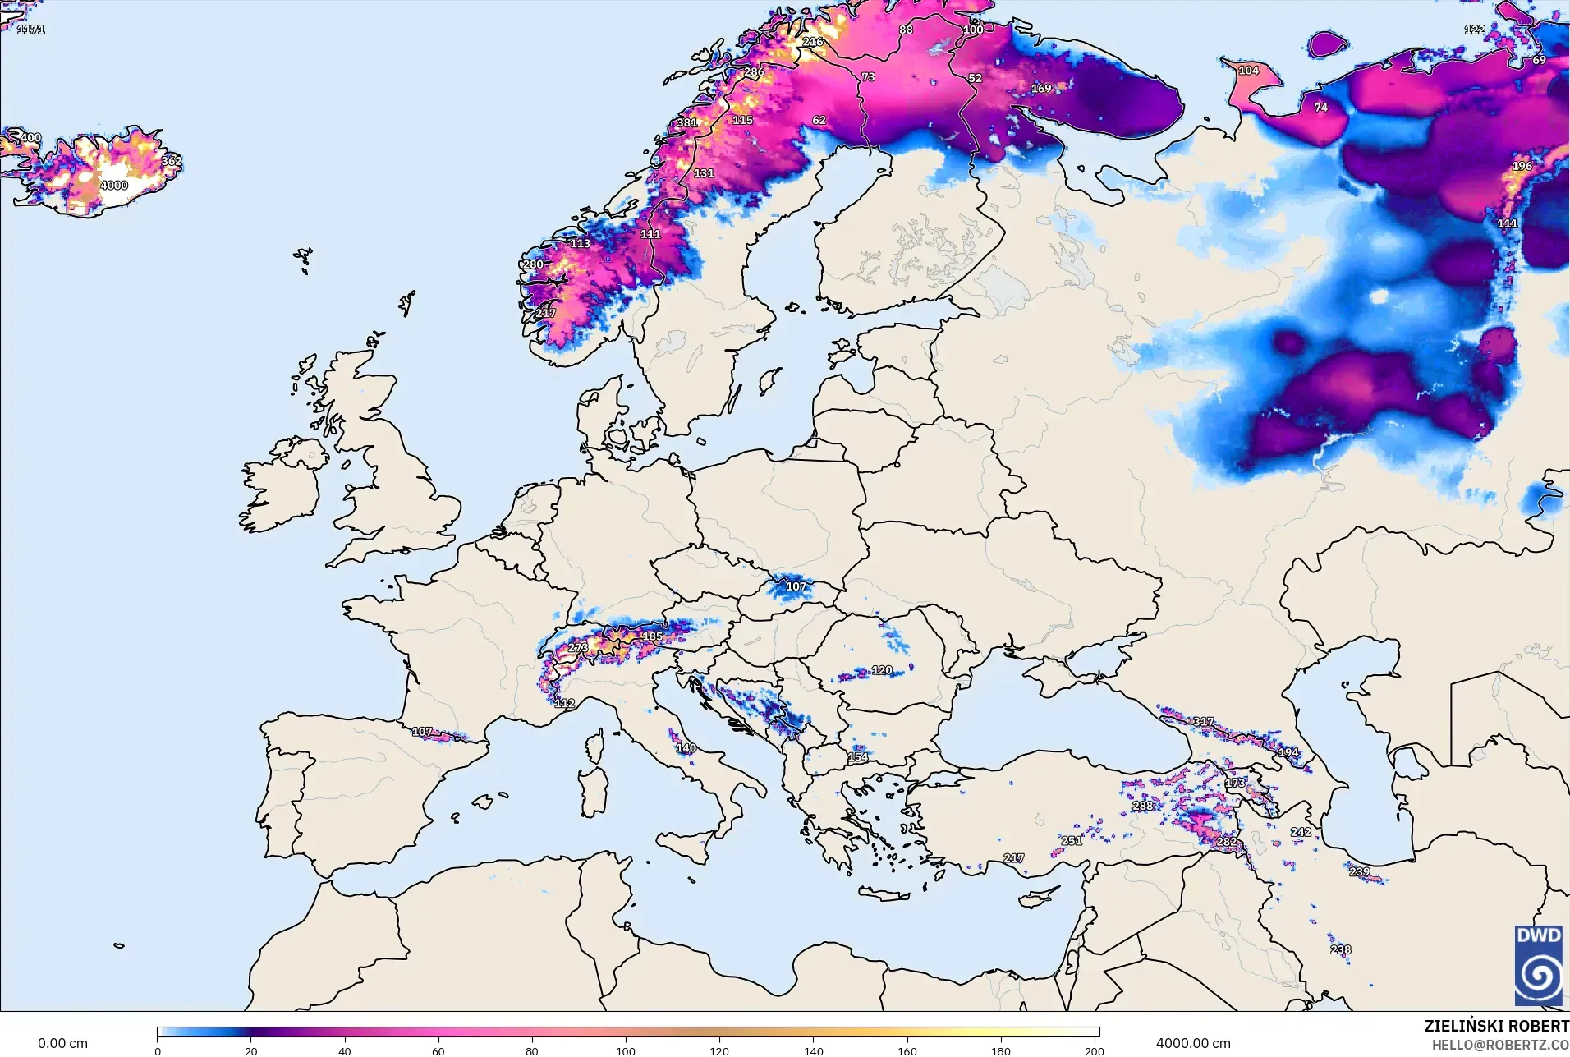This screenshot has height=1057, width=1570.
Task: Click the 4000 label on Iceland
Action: pos(114,186)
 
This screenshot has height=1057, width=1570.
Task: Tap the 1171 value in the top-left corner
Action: pos(31,30)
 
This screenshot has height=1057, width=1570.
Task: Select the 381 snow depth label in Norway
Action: pos(686,123)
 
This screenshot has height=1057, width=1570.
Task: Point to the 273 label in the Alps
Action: pos(578,648)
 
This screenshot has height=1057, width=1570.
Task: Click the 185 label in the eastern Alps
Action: pos(652,636)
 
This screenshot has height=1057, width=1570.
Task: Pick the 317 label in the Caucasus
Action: pos(1203,722)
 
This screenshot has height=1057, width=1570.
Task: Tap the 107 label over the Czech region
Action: pos(796,586)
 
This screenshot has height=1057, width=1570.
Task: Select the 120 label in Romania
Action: pos(882,670)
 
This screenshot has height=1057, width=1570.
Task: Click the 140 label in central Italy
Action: pos(686,748)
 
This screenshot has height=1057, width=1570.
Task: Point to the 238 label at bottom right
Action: pos(1340,949)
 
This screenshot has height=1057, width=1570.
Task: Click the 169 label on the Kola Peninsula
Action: pos(1041,89)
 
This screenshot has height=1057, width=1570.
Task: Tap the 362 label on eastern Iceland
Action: pos(171,161)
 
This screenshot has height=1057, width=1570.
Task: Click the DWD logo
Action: pos(1538,965)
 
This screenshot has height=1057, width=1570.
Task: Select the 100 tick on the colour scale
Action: pos(626,1051)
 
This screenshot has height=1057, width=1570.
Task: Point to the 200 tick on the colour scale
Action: pos(1094,1051)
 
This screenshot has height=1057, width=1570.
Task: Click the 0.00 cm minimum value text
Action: pos(62,1043)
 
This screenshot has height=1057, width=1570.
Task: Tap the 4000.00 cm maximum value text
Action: pos(1193,1043)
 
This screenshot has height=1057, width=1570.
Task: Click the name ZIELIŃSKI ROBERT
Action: pos(1496,1026)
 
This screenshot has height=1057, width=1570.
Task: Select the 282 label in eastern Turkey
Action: pos(1226,842)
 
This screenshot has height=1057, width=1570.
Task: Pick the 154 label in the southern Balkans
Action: pos(858,757)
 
